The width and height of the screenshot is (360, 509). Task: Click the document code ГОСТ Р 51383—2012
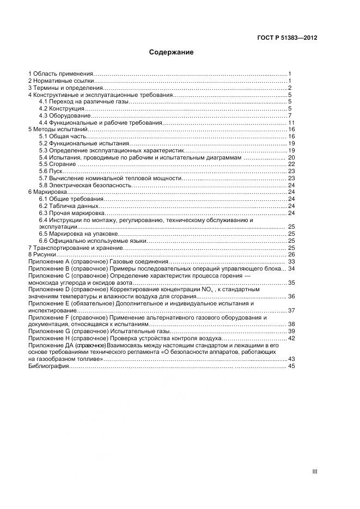pyautogui.click(x=287, y=38)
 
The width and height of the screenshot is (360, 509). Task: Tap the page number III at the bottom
pyautogui.click(x=314, y=471)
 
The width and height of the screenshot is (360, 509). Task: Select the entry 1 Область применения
pyautogui.click(x=60, y=73)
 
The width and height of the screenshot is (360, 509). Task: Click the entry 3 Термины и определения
pyautogui.click(x=65, y=88)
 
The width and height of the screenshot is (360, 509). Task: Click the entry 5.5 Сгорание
pyautogui.click(x=57, y=164)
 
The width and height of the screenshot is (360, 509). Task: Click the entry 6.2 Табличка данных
pyautogui.click(x=69, y=206)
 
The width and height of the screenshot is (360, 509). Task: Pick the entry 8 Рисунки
pyautogui.click(x=42, y=254)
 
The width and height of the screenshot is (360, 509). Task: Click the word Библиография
pyautogui.click(x=48, y=366)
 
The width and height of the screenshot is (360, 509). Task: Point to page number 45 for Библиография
pyautogui.click(x=291, y=366)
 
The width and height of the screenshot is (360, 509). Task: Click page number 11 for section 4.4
pyautogui.click(x=291, y=122)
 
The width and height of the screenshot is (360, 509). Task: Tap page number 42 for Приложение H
pyautogui.click(x=291, y=338)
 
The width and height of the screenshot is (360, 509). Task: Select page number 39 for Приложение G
pyautogui.click(x=291, y=331)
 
